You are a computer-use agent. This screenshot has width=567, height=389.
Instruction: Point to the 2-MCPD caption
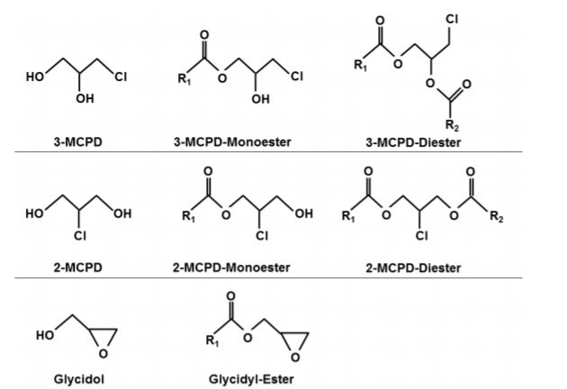pos(77,267)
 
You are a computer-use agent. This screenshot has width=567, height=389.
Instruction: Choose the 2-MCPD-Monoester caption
pos(239,267)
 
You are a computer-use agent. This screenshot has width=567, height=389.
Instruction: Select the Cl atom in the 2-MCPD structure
pos(77,238)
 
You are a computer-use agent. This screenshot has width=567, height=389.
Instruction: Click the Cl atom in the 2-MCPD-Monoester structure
pos(262,238)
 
